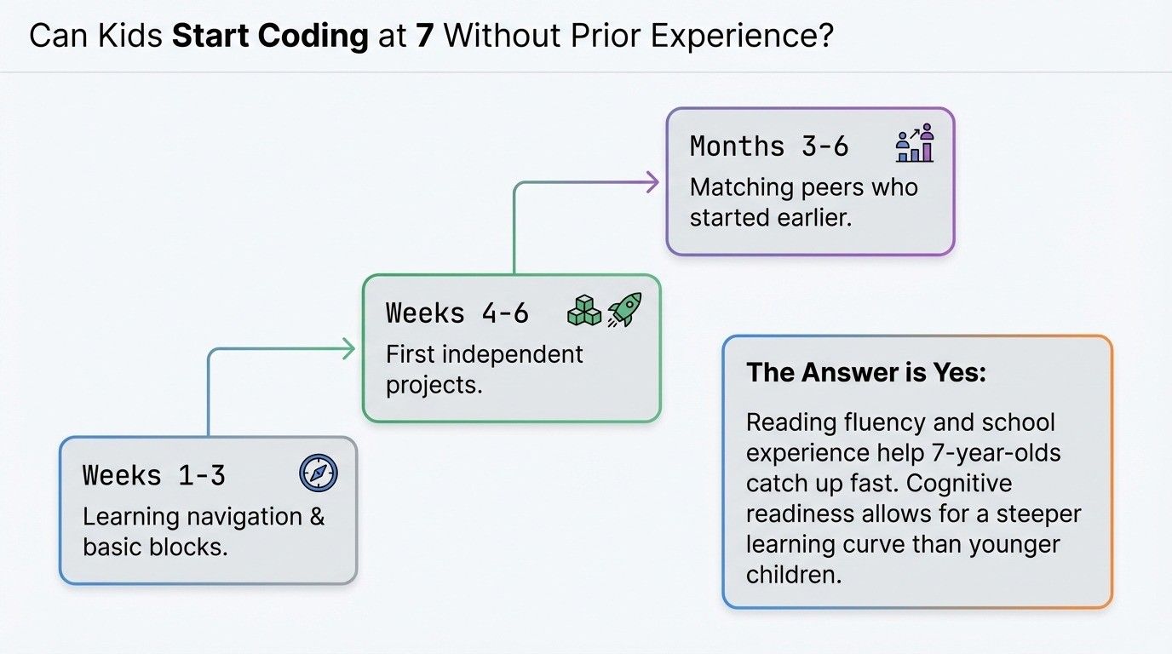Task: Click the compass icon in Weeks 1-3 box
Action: point(319,473)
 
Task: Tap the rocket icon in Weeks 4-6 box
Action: point(624,311)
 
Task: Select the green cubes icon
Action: point(583,312)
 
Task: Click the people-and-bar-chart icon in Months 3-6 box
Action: point(915,144)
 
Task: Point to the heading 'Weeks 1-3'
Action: point(154,475)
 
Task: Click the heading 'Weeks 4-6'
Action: point(457,313)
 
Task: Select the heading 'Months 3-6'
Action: point(769,146)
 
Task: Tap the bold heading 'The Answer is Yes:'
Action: point(865,372)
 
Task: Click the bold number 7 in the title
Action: point(424,37)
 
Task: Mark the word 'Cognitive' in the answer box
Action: point(958,483)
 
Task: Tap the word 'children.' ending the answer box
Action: point(794,575)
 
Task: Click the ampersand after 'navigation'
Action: point(317,517)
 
